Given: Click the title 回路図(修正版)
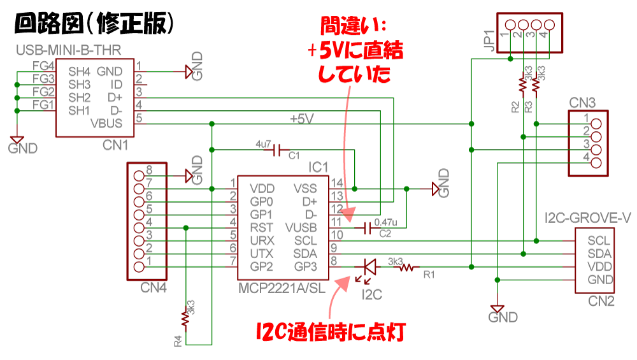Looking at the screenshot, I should (94, 24).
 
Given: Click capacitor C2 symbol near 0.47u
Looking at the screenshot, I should (367, 228).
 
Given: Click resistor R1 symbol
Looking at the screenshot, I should (404, 268).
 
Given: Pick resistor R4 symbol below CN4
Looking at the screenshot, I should (186, 315).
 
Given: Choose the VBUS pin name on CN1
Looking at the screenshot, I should (107, 123).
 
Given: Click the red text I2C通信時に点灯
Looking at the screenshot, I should (331, 332).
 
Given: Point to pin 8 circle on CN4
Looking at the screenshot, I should (138, 170).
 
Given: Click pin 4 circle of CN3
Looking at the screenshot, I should (596, 162).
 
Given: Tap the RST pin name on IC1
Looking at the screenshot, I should (262, 227).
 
